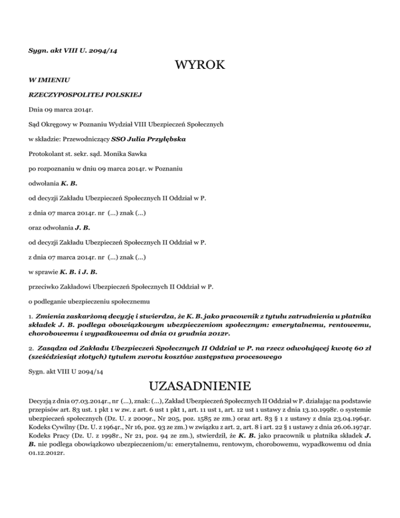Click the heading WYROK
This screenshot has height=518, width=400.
coord(201,65)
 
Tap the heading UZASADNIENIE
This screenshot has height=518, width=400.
coord(201,387)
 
